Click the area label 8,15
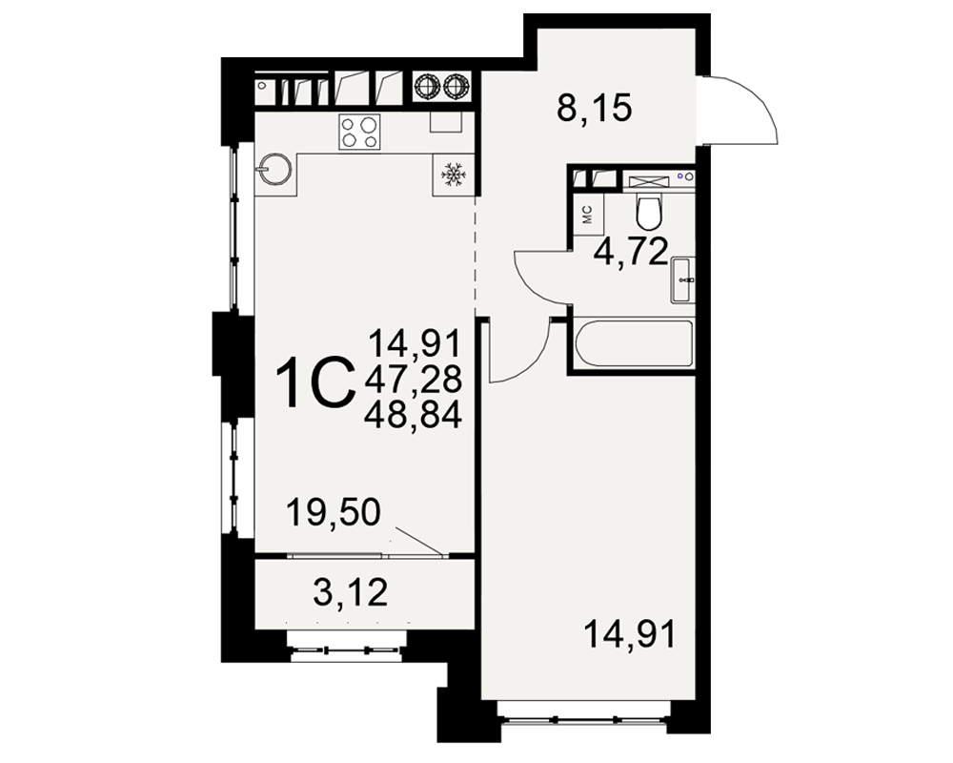[595, 109]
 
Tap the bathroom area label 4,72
[631, 251]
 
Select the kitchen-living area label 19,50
[333, 512]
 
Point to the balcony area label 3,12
[351, 592]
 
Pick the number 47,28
[414, 379]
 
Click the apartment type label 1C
[314, 382]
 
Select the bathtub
[633, 343]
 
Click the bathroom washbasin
[682, 279]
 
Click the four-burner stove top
[359, 132]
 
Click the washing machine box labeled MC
[588, 216]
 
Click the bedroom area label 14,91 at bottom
[629, 634]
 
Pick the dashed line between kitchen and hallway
[476, 255]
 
